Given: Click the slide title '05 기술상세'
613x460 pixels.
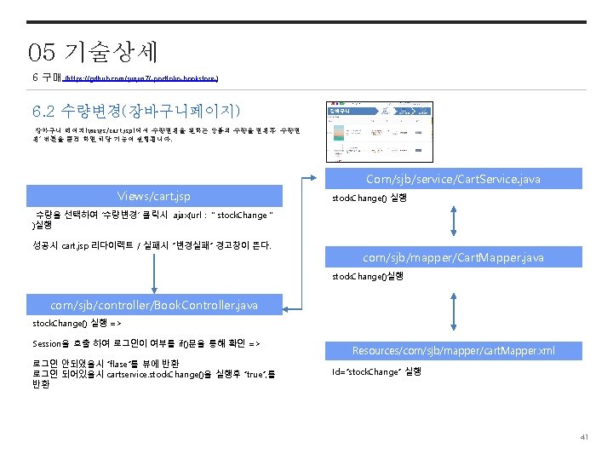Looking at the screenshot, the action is pyautogui.click(x=93, y=53).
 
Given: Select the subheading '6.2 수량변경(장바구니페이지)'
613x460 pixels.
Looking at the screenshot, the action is pyautogui.click(x=136, y=111).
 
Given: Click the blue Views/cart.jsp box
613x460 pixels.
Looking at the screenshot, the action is pyautogui.click(x=153, y=195).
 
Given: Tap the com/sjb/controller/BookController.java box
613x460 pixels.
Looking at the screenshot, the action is pyautogui.click(x=153, y=304).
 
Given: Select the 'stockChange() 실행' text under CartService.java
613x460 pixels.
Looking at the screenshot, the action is pyautogui.click(x=369, y=198).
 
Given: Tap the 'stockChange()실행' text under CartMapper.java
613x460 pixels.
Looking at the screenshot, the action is pyautogui.click(x=367, y=276).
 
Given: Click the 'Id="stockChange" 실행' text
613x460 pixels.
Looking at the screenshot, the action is pyautogui.click(x=375, y=371).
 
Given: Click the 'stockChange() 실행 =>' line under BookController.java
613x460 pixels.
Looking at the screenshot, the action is pyautogui.click(x=77, y=325).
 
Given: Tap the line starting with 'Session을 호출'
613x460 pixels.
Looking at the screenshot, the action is pyautogui.click(x=146, y=344).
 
